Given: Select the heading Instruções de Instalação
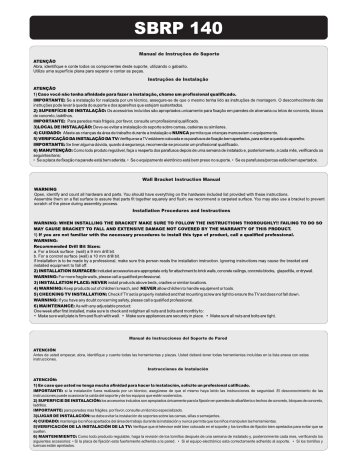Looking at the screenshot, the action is (181, 77).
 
